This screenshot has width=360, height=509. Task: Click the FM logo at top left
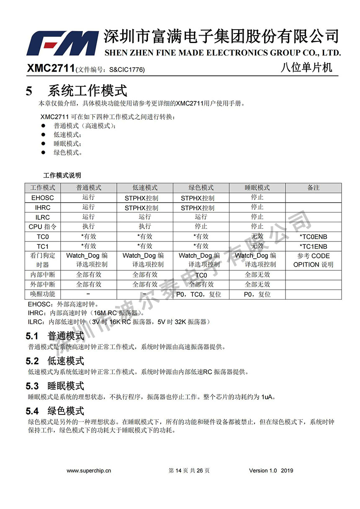click(x=63, y=43)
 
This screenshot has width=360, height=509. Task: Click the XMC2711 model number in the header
click(x=51, y=68)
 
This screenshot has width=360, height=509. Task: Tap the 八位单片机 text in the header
click(x=306, y=67)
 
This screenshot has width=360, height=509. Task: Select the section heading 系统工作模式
click(x=87, y=91)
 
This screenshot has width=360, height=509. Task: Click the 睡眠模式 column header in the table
click(x=257, y=188)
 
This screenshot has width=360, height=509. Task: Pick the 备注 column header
click(x=313, y=188)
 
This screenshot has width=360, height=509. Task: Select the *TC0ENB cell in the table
click(x=313, y=237)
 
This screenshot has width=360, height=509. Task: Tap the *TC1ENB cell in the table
click(x=313, y=247)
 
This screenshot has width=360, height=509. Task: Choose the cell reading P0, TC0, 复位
click(x=201, y=294)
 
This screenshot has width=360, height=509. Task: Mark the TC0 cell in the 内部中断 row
click(x=201, y=275)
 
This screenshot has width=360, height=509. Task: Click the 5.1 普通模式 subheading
click(x=55, y=336)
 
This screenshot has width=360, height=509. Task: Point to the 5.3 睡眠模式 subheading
click(x=55, y=386)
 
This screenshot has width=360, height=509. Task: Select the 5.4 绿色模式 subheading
click(x=55, y=411)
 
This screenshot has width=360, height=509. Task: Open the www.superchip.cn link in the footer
click(x=89, y=470)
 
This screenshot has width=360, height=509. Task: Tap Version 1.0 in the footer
click(x=263, y=470)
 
